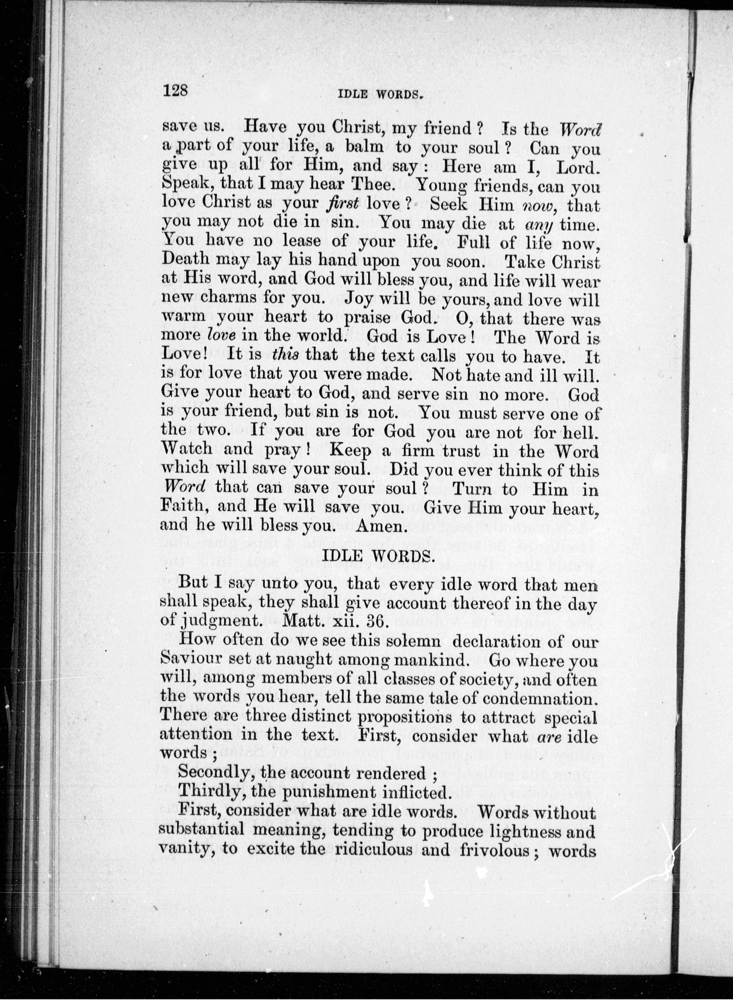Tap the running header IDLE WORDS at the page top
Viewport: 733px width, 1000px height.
379,94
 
